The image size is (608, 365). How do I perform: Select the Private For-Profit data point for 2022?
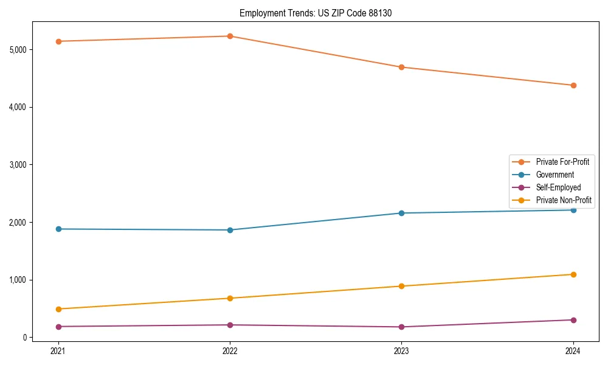[230, 36]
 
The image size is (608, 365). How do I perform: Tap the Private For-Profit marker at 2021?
[58, 41]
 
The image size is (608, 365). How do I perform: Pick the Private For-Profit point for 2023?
[401, 67]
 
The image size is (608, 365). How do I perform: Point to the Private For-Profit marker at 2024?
[573, 85]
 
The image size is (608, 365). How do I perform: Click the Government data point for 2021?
[58, 229]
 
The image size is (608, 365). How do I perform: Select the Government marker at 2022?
[230, 230]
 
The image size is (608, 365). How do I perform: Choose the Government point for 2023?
[401, 213]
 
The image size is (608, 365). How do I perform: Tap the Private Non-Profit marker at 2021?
[58, 309]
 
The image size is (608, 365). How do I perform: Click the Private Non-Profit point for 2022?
[230, 298]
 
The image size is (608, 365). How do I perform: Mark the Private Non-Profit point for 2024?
[573, 274]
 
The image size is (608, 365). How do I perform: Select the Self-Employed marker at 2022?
[230, 325]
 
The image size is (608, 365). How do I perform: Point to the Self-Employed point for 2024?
[573, 320]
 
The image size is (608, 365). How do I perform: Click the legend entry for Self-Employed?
[558, 187]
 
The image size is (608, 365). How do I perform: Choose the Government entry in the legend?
[554, 175]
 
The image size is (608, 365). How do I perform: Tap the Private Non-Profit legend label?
[564, 200]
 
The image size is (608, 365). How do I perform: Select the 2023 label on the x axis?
[401, 351]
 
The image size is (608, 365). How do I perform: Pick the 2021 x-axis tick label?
[58, 351]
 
